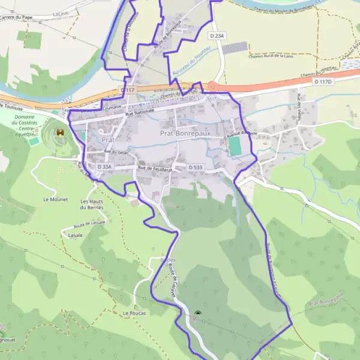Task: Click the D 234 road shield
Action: pyautogui.click(x=217, y=36)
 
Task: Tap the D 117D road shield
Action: pyautogui.click(x=323, y=81)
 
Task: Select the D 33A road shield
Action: pyautogui.click(x=105, y=167)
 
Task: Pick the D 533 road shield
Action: pyautogui.click(x=195, y=167)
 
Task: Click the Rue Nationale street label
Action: pyautogui.click(x=140, y=112)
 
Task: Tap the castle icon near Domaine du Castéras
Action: pyautogui.click(x=60, y=132)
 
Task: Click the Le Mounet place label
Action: pyautogui.click(x=55, y=199)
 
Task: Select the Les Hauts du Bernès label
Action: pyautogui.click(x=92, y=205)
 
